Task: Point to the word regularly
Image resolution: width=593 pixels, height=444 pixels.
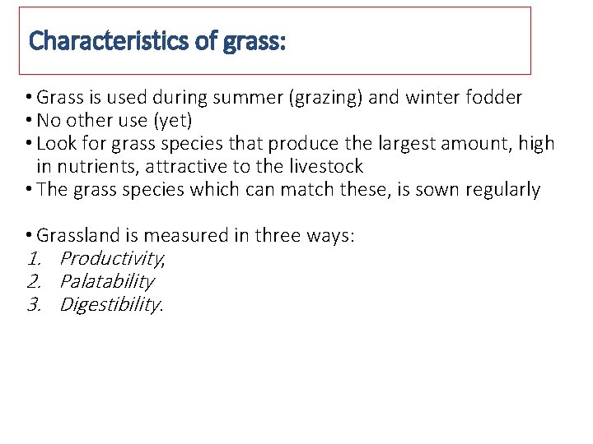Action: pos(503,190)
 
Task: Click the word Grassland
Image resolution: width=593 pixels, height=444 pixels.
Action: pos(78,236)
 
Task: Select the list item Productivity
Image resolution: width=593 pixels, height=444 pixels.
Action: pos(111,259)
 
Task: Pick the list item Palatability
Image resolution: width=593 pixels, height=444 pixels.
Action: pos(107,282)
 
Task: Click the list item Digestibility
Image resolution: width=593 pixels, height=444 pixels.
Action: pos(111,305)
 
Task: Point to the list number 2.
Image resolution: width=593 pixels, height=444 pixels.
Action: pos(34,282)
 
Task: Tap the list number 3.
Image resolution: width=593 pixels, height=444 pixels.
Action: pos(34,305)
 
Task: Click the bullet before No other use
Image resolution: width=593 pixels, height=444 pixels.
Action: pos(30,121)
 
